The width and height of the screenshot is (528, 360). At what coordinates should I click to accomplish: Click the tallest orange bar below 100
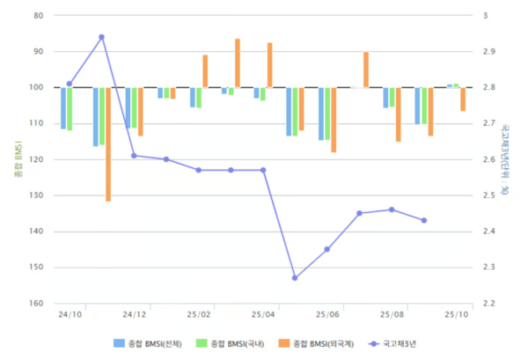pos(108,144)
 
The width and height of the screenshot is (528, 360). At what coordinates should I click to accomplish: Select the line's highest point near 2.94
pos(101,37)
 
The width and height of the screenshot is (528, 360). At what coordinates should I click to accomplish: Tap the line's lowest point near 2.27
pos(295,278)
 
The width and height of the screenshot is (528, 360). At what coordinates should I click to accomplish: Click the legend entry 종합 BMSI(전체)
pos(150,342)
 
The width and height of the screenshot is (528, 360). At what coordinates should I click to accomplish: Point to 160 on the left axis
pos(37,304)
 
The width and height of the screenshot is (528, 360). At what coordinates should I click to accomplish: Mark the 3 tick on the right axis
pos(483,16)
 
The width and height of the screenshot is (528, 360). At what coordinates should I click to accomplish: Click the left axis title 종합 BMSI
pos(15,159)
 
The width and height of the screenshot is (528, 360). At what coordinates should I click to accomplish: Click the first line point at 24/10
pos(70,84)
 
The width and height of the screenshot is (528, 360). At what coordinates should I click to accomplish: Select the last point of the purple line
pos(424,220)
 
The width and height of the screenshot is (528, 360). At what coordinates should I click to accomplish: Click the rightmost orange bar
pos(463,99)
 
